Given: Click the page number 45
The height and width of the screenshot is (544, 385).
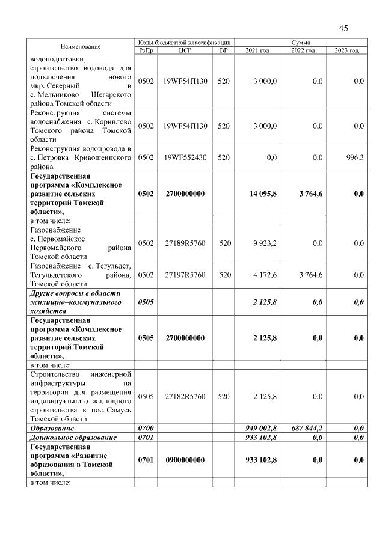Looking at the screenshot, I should pos(343,28).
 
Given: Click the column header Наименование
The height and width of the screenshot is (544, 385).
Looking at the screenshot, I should pos(80,47).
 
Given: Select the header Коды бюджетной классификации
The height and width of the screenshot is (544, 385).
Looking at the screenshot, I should pos(184,43).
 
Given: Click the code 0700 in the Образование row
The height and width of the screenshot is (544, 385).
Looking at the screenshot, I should pos(146,428).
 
